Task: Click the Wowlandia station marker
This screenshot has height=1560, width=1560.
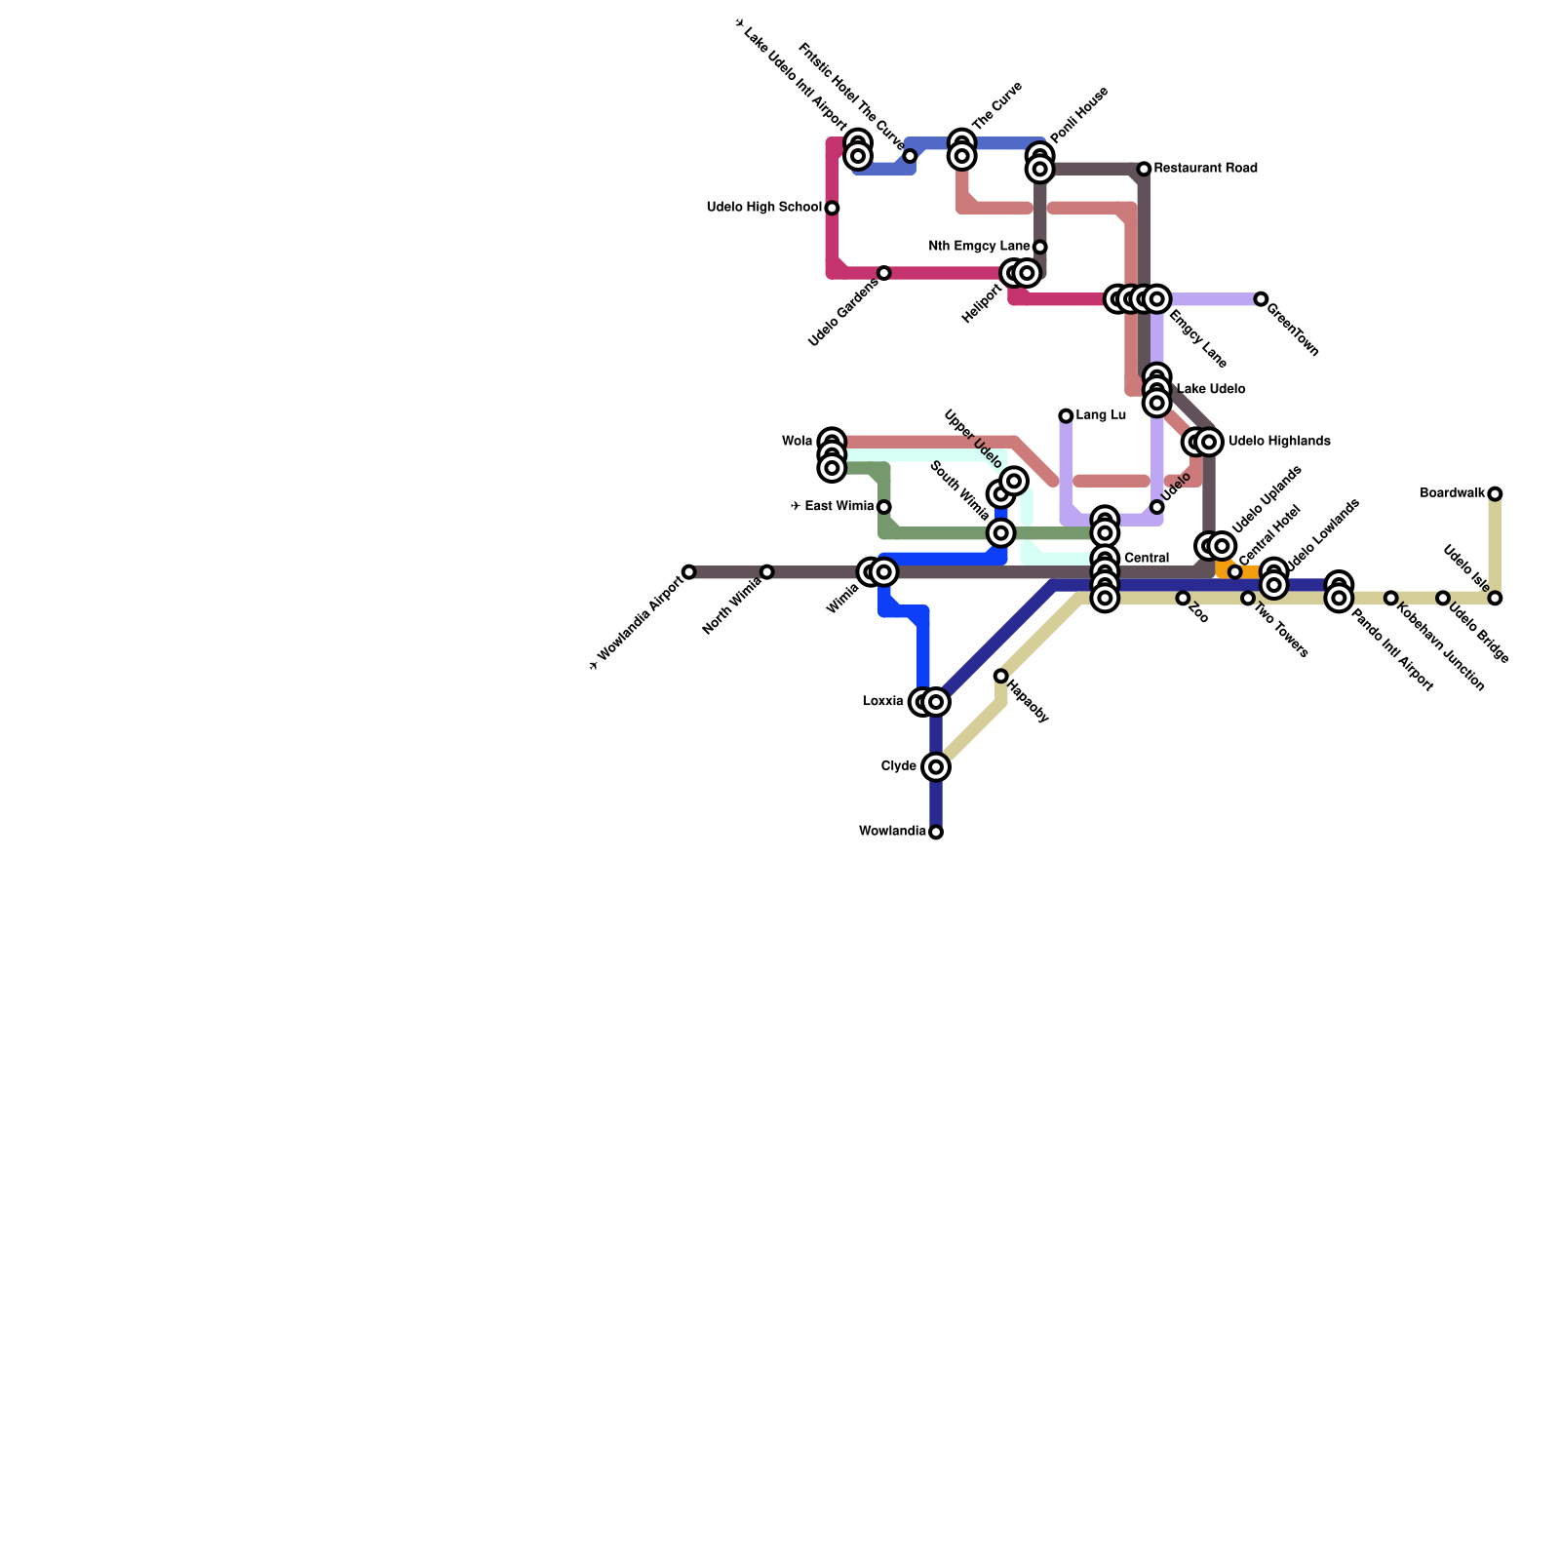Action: click(x=936, y=832)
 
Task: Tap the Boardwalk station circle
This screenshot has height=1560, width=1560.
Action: click(x=1495, y=494)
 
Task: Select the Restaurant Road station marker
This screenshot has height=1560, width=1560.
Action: click(x=1144, y=170)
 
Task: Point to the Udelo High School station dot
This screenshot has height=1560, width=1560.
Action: click(x=832, y=208)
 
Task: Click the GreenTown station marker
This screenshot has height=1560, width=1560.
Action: click(x=1261, y=299)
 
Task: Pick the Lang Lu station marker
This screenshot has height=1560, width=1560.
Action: click(x=1066, y=416)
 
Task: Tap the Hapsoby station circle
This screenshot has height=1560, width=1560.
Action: click(x=1000, y=676)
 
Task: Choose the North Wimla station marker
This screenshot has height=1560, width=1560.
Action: click(x=767, y=572)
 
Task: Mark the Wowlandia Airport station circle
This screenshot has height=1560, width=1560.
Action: click(x=689, y=572)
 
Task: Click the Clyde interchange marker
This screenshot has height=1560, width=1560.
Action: click(x=936, y=767)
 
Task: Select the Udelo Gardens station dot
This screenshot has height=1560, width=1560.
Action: click(x=883, y=273)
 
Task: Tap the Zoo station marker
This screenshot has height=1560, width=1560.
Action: click(x=1183, y=598)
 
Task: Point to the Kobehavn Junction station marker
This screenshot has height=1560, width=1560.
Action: click(x=1391, y=598)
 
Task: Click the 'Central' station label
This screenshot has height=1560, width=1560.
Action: click(x=1146, y=559)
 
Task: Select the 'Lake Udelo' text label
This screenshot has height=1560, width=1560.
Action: click(x=1211, y=390)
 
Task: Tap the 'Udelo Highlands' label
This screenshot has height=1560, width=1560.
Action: click(x=1279, y=442)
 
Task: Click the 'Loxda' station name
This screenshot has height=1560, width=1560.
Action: click(x=882, y=702)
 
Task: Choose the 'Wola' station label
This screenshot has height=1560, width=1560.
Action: click(x=797, y=442)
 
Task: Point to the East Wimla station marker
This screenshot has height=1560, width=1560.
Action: click(x=883, y=507)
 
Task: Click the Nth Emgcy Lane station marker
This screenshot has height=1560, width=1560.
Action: click(x=1040, y=247)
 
